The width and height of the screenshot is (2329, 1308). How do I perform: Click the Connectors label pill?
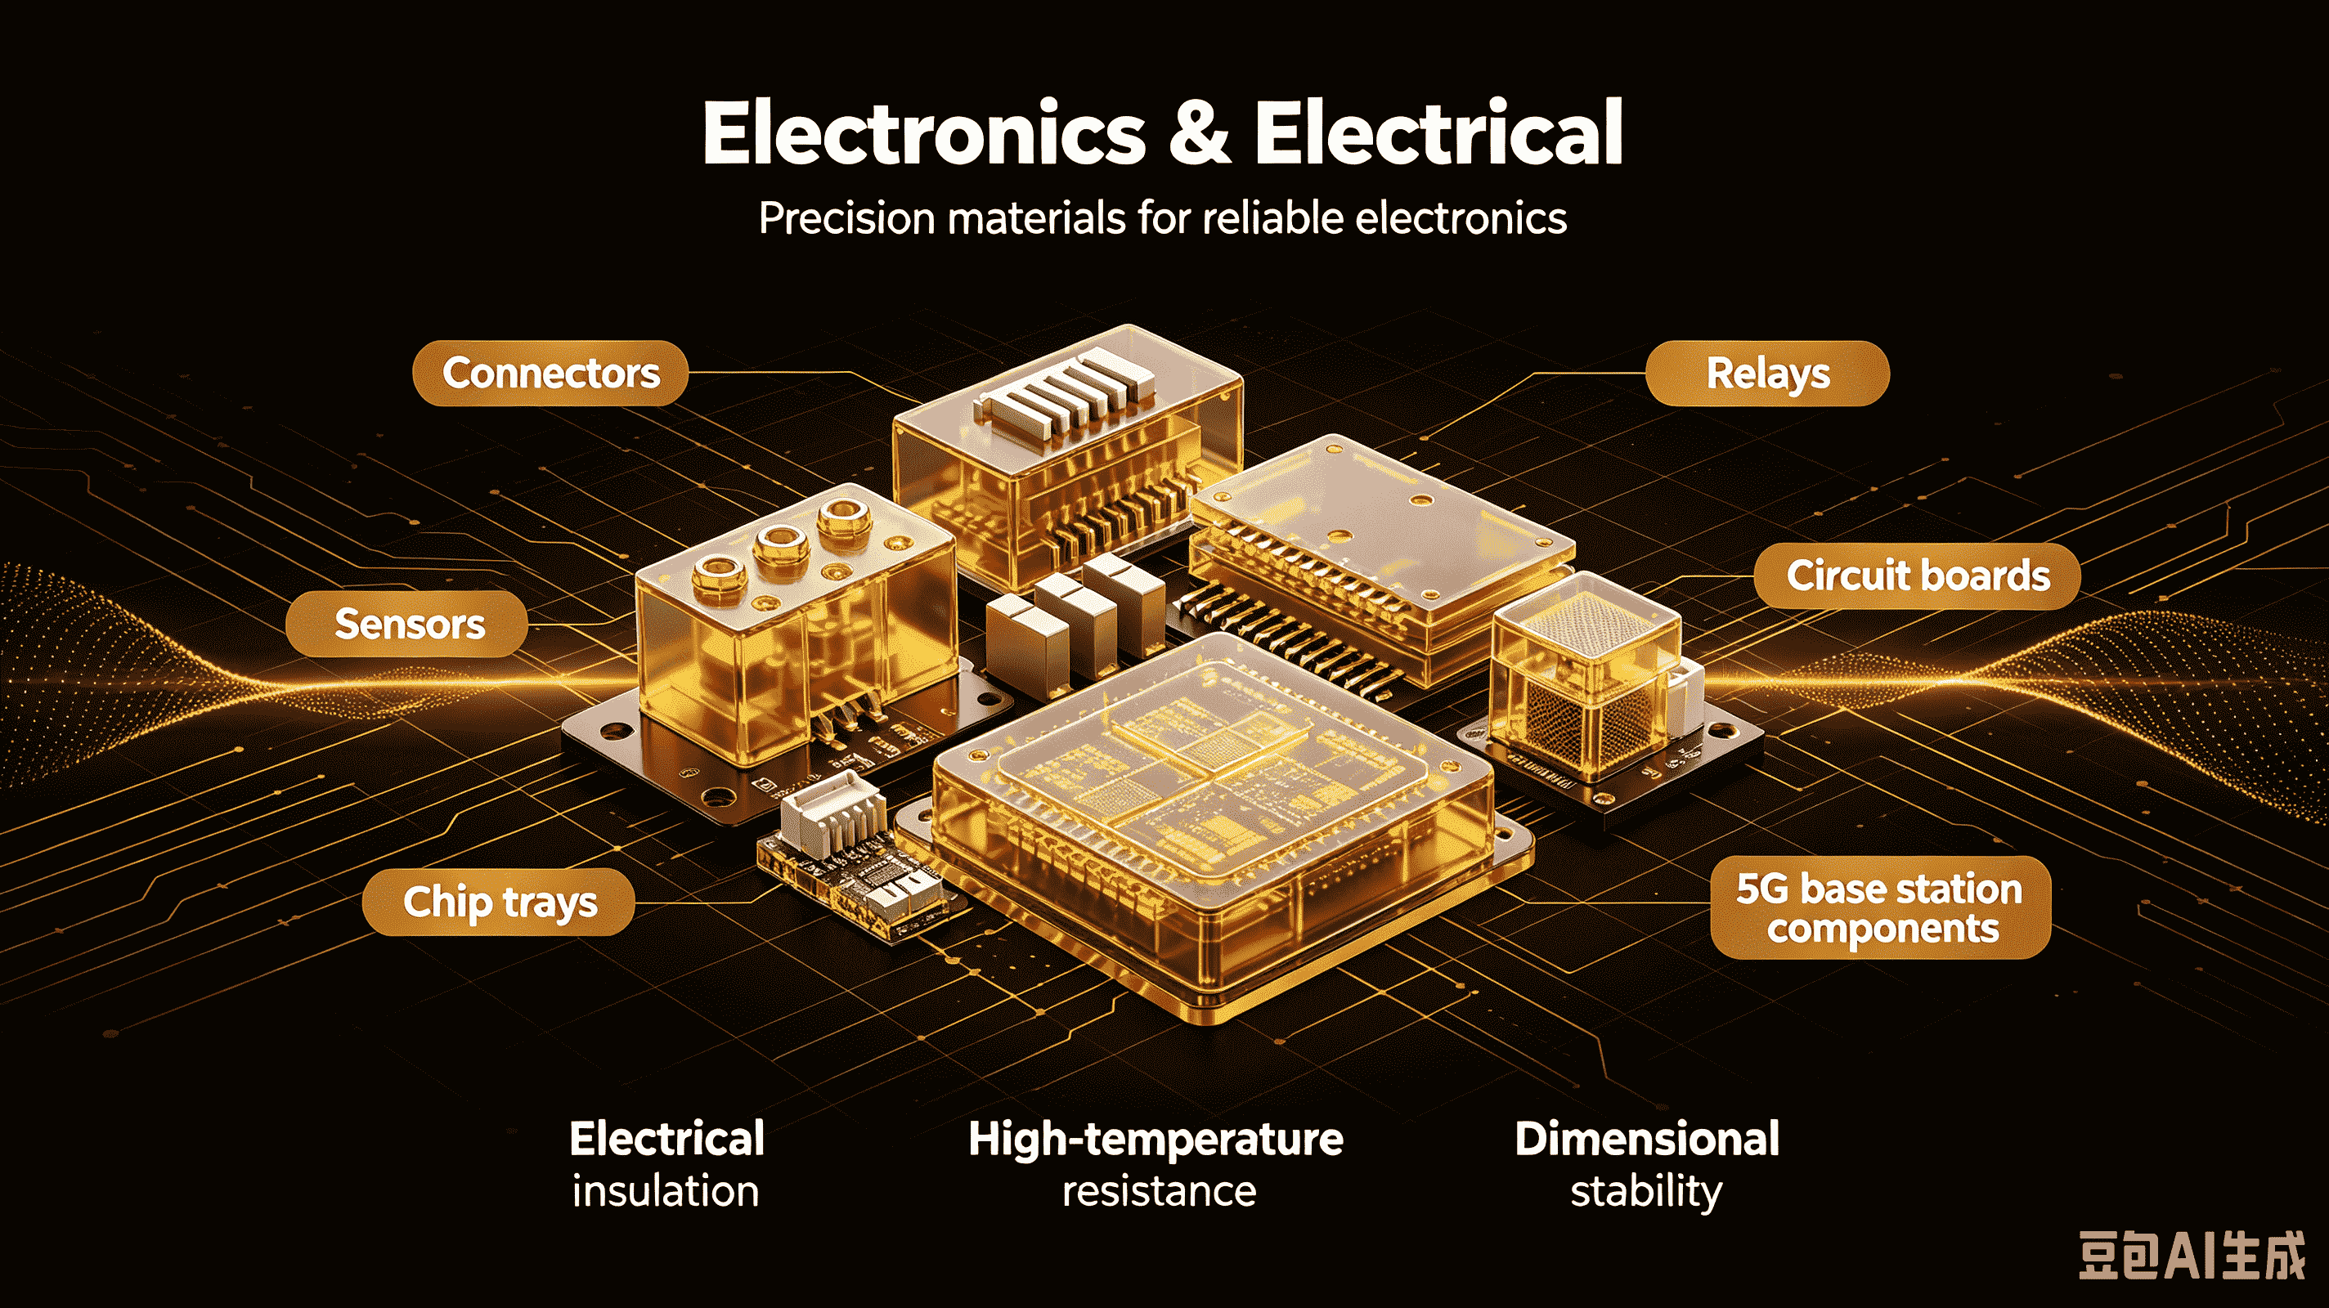pos(550,374)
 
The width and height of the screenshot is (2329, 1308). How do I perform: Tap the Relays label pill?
pos(1767,374)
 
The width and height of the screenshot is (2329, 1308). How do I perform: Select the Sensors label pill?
pos(407,624)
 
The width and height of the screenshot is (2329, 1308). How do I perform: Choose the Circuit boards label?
pos(1917,576)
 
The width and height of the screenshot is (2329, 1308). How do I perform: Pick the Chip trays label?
pos(498,901)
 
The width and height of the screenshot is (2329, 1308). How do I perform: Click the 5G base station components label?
pos(1881,907)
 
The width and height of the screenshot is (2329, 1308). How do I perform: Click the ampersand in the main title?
pos(1199,134)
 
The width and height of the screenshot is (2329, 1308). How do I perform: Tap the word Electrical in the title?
pos(1438,134)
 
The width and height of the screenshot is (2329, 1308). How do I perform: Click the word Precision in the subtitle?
pos(847,219)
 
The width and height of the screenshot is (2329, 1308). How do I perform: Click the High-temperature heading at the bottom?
pos(1156,1139)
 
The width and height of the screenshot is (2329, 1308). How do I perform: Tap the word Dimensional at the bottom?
pos(1647,1139)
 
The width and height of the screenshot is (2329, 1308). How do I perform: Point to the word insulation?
pos(666,1190)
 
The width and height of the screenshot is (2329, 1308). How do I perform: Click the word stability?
pos(1646,1192)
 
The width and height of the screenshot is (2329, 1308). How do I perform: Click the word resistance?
pos(1159,1191)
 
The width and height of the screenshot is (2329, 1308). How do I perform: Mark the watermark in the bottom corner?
pos(2192,1256)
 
